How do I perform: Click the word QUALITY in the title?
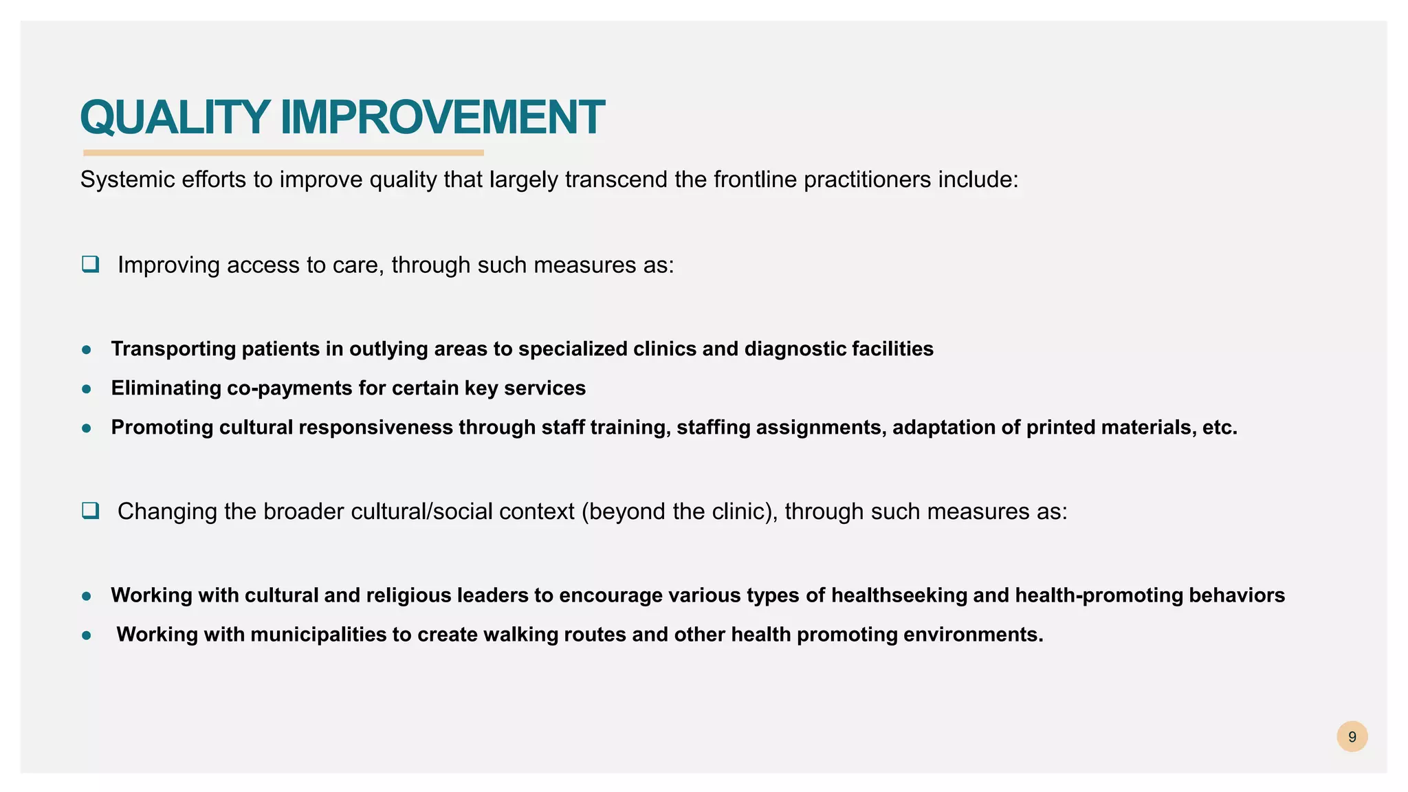(x=175, y=118)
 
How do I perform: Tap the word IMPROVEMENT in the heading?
(x=442, y=118)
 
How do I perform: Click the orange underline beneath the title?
(x=283, y=153)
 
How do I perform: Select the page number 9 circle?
(x=1352, y=737)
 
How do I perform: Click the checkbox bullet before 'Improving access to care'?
(x=90, y=264)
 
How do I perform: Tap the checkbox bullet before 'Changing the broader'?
(x=90, y=511)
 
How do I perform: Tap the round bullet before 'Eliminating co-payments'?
(x=87, y=389)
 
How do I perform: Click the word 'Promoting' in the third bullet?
(x=162, y=428)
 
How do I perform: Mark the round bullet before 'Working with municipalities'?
(x=87, y=635)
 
